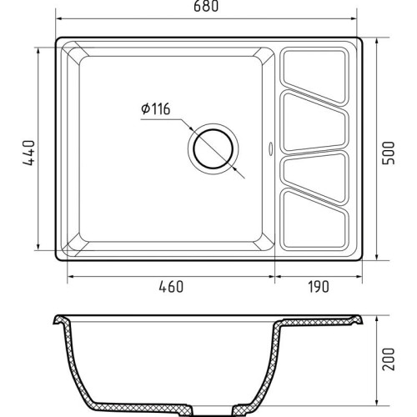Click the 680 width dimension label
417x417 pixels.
[206, 7]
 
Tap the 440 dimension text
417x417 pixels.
[29, 153]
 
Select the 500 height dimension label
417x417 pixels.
[389, 153]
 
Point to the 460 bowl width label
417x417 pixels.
[171, 287]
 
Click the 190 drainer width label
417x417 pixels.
[319, 287]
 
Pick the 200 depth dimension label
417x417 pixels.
[389, 359]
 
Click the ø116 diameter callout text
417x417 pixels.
[156, 108]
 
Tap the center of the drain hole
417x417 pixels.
[214, 149]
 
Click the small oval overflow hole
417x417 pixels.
[270, 148]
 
